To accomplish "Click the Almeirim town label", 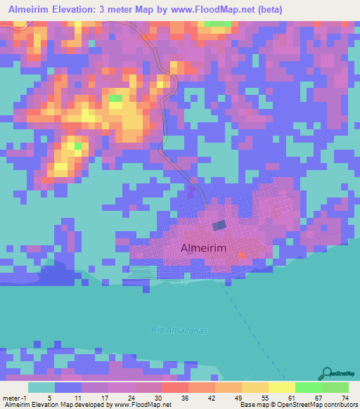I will (203, 247).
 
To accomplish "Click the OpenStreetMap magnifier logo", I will (327, 372).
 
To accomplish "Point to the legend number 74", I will (345, 397).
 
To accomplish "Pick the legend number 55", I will (264, 397).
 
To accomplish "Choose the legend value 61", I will (290, 397).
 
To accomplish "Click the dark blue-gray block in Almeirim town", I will (219, 225).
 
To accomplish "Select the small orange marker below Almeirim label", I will (243, 255).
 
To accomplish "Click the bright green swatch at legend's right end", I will (335, 387).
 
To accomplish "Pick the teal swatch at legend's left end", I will (41, 387).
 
